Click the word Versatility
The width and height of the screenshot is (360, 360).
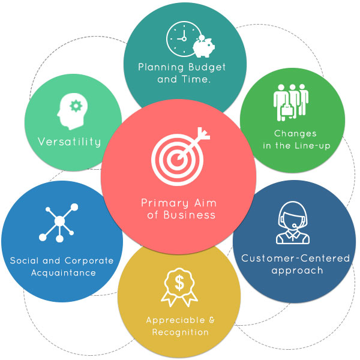click(70, 142)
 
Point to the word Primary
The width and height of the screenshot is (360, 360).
click(162, 203)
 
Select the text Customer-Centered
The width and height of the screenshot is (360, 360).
click(295, 259)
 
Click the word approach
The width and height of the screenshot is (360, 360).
click(297, 271)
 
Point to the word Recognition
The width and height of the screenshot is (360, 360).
click(180, 332)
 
